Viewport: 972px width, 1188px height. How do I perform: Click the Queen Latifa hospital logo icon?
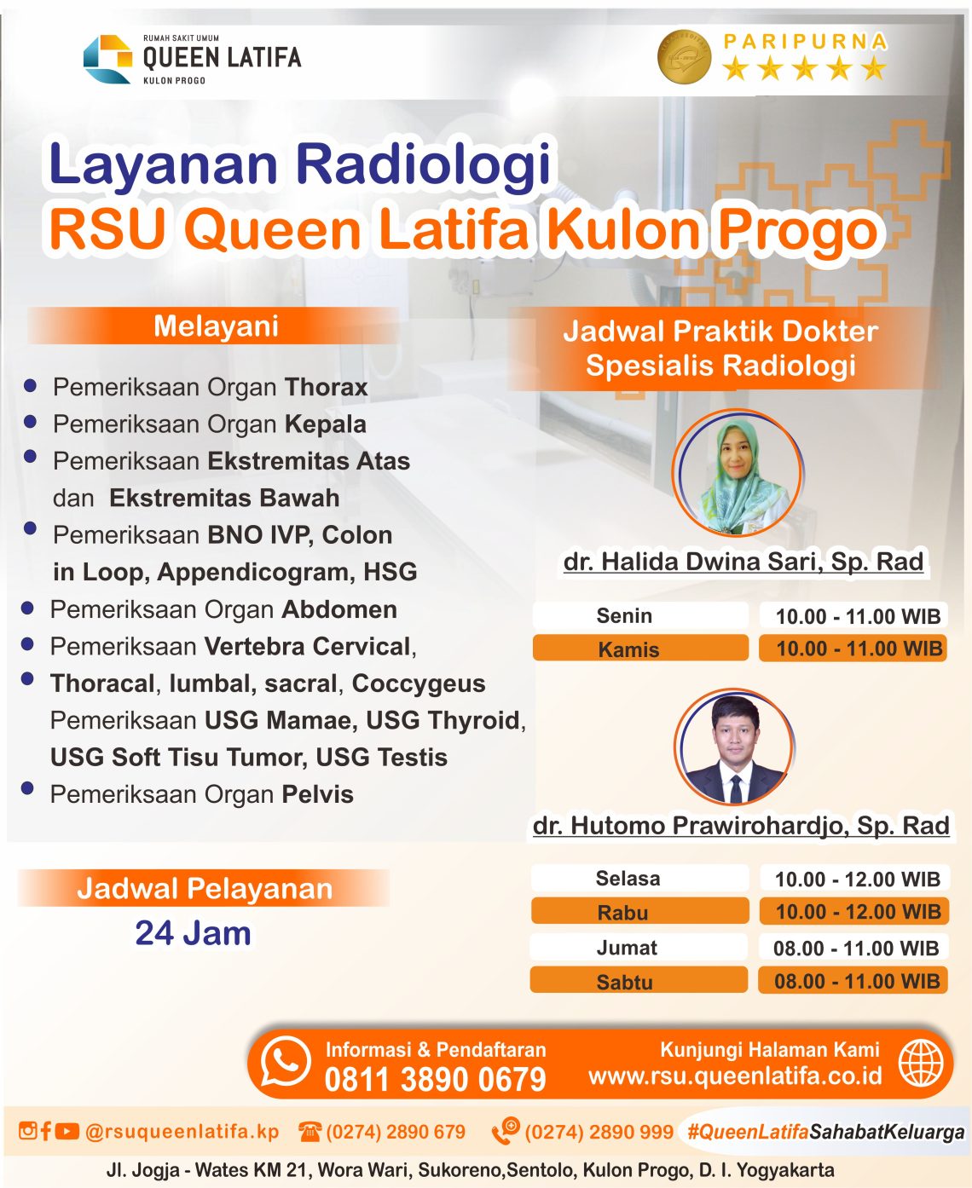(x=107, y=59)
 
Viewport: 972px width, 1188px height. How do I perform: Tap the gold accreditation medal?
(x=685, y=56)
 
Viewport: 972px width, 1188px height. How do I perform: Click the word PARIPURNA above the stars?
(x=805, y=41)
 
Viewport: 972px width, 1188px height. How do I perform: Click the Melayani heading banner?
(x=215, y=326)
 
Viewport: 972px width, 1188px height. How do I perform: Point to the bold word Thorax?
(x=326, y=387)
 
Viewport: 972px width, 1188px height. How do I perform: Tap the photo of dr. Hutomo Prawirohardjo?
(x=735, y=747)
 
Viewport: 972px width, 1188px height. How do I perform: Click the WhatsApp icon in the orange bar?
(x=286, y=1062)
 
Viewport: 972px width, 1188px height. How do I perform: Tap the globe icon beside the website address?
(x=922, y=1064)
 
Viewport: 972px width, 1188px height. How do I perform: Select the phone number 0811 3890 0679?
(x=435, y=1080)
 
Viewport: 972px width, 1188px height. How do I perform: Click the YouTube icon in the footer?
(x=67, y=1131)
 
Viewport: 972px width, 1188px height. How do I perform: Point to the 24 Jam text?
(x=193, y=933)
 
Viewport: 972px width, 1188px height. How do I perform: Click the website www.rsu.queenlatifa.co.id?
(x=735, y=1076)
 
